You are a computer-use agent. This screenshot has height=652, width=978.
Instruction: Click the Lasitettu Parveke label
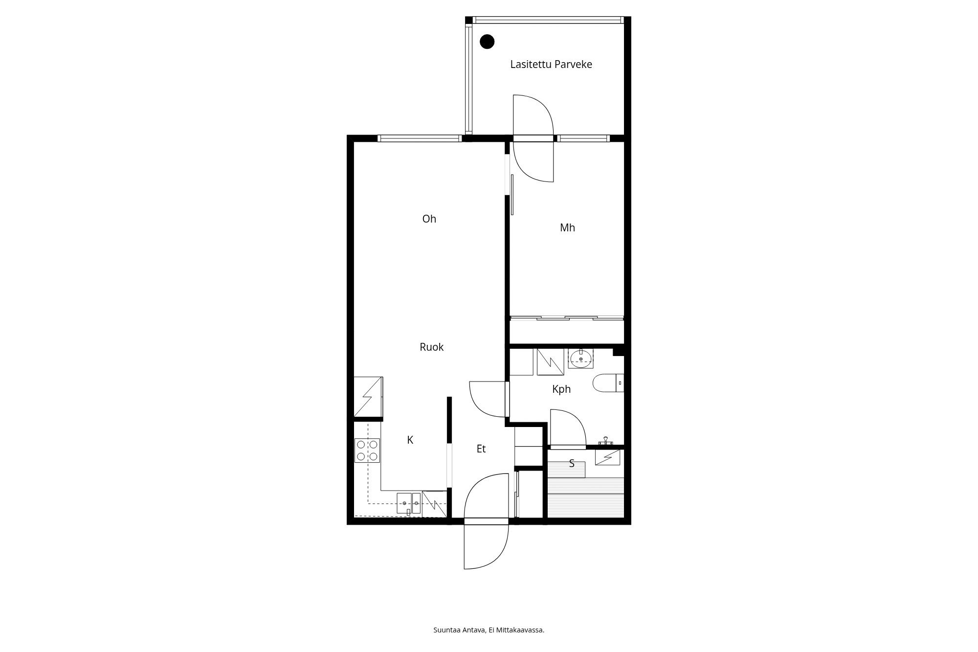pos(551,65)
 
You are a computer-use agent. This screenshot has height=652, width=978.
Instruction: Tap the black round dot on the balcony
pos(487,42)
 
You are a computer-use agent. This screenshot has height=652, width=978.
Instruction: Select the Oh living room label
pos(429,219)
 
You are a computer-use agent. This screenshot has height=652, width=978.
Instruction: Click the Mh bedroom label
pos(567,227)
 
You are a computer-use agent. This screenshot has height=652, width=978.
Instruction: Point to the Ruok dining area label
pos(432,347)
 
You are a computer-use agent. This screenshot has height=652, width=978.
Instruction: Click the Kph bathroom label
pos(561,389)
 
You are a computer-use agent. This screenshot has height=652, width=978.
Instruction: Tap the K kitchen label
pos(410,440)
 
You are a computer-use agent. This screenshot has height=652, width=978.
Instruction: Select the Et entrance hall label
pos(481,449)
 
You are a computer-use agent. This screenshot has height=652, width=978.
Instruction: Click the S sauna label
pos(572,463)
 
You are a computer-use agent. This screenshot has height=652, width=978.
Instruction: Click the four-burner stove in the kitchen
pos(367,450)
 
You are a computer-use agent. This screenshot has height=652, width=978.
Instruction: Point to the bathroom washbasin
pos(580,359)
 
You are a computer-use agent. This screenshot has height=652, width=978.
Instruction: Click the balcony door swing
pos(533,138)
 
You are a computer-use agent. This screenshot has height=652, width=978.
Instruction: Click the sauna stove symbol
pos(608,457)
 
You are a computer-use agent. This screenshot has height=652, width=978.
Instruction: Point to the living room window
pos(420,138)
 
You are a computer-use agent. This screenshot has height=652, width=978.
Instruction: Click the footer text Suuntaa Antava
pos(460,630)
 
